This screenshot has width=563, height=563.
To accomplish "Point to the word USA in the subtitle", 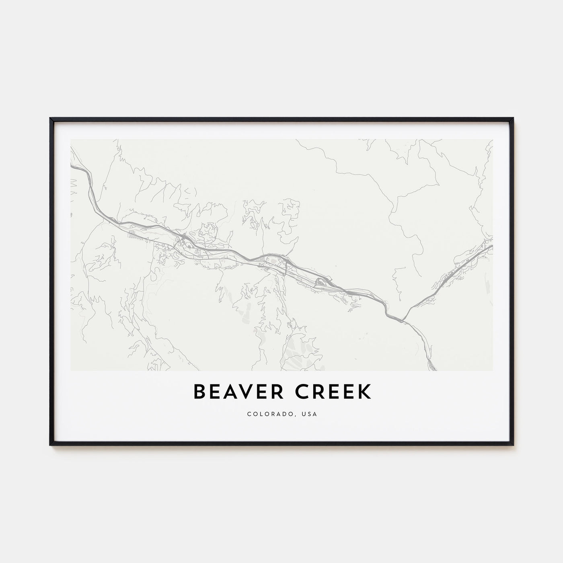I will coord(310,414).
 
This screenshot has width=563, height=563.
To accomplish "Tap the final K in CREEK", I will coord(365,392).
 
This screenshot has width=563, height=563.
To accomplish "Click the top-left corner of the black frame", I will coord(51,119).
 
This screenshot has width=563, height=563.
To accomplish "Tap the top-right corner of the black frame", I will coord(513,119).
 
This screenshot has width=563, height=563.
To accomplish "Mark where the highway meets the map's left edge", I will coord(72,165).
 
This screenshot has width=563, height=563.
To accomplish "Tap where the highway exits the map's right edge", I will coord(492,246).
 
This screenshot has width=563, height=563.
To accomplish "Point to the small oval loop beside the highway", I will coord(321,282).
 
